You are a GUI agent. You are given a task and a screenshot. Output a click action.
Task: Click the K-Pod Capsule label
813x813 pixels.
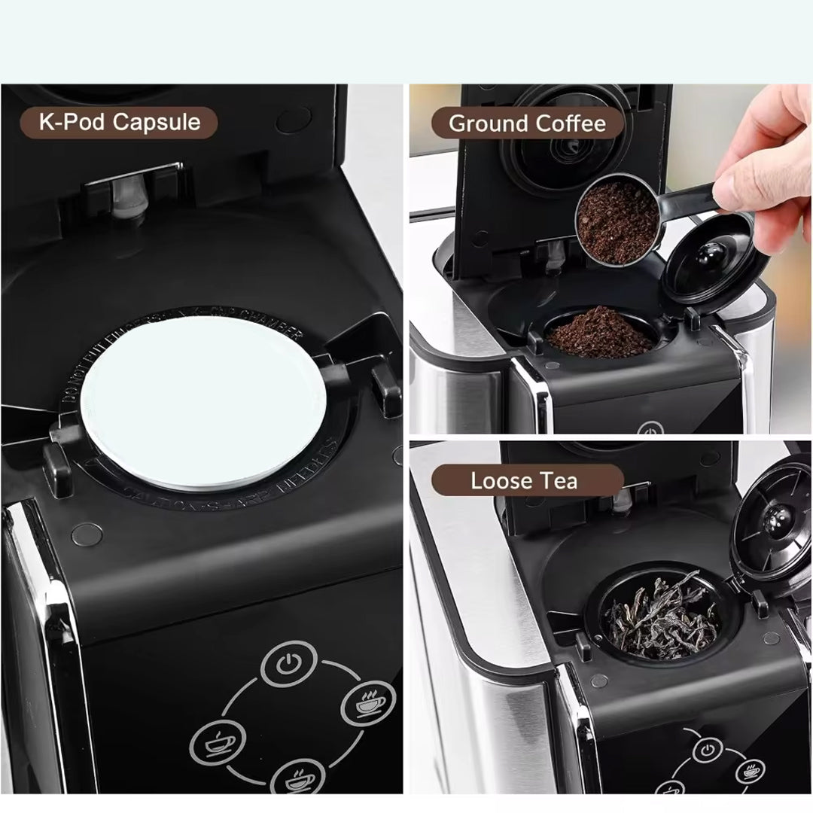coord(120,123)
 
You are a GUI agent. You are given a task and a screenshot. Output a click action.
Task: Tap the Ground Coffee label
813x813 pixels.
coord(527,123)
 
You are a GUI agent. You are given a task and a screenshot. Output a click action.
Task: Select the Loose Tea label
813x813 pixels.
coord(525,481)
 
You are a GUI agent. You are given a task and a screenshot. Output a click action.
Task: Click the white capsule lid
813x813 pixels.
coord(203,406)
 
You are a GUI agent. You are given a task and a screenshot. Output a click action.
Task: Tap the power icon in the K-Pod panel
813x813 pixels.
coord(287,665)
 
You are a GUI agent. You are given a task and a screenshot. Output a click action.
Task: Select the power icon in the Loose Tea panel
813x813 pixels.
coord(705,750)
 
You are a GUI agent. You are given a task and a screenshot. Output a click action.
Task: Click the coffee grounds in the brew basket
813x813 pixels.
coord(599,333)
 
